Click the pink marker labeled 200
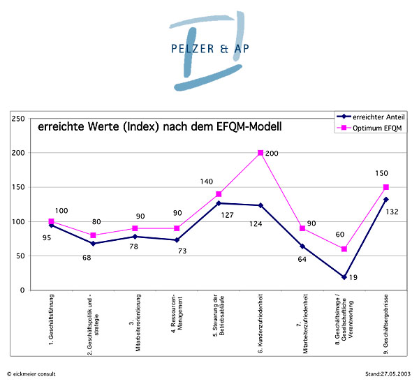point(260,153)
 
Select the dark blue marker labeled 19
point(344,277)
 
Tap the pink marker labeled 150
point(385,187)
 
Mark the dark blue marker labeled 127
point(219,203)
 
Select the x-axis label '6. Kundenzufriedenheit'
point(261,322)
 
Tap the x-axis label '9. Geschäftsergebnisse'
point(386,322)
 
